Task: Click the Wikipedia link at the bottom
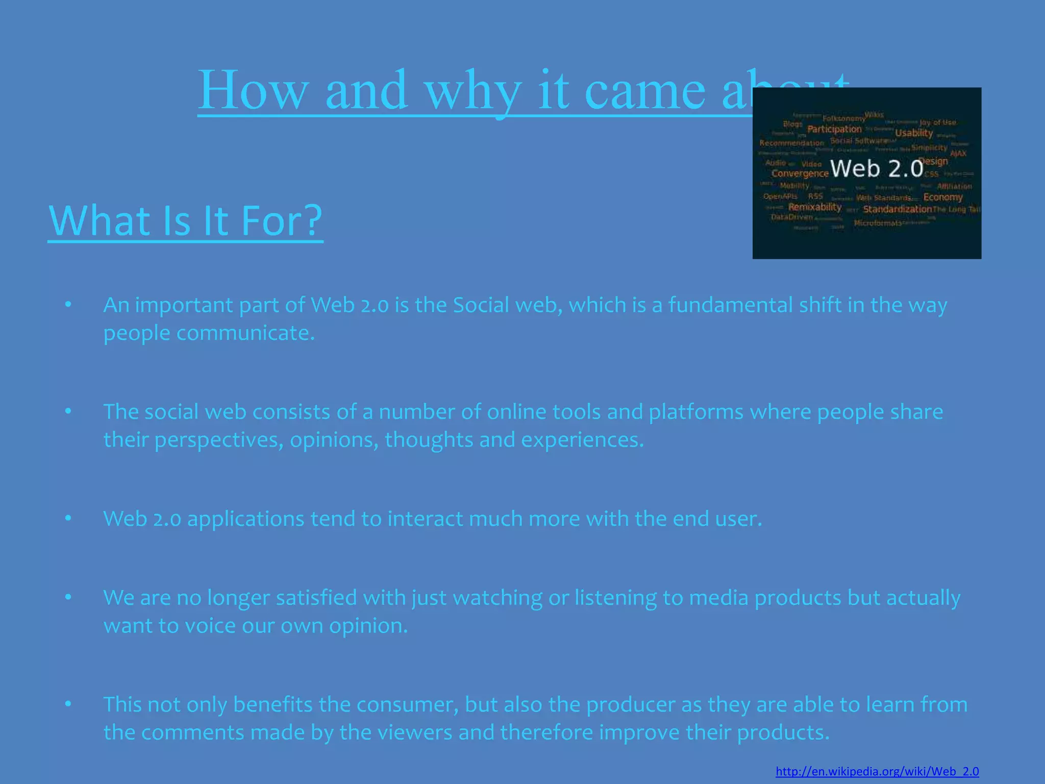(x=877, y=771)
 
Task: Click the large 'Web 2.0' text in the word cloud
(x=877, y=168)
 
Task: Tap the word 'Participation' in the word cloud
(x=834, y=129)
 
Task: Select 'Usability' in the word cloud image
(x=914, y=133)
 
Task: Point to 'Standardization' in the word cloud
(x=897, y=209)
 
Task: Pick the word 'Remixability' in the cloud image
(x=814, y=207)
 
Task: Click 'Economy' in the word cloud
(x=942, y=197)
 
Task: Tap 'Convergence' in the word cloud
(x=800, y=174)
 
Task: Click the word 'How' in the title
(x=253, y=90)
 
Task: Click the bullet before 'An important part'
(x=68, y=305)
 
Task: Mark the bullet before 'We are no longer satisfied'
(x=68, y=597)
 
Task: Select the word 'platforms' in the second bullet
(x=695, y=412)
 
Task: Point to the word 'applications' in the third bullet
(x=245, y=519)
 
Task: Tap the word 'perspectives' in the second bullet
(x=218, y=440)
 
